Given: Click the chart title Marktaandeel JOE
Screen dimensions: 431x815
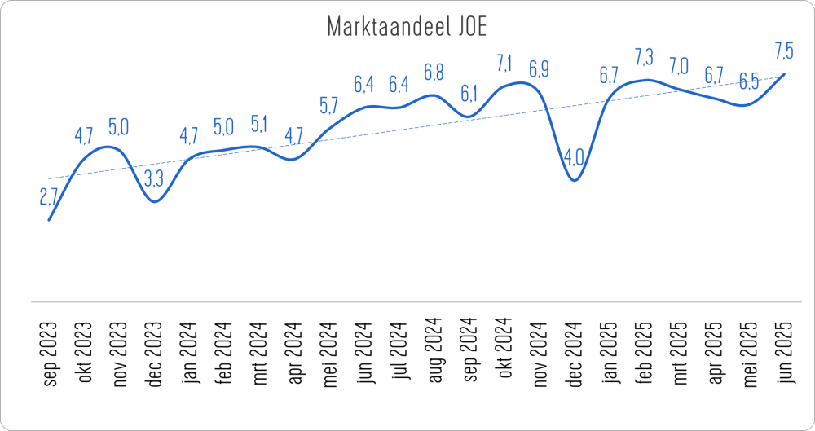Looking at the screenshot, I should click(x=407, y=27).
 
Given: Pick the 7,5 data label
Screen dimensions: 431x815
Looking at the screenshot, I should click(x=784, y=51).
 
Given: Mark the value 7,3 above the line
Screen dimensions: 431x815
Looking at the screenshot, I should click(x=644, y=58).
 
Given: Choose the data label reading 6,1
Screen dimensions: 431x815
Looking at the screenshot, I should click(x=469, y=94).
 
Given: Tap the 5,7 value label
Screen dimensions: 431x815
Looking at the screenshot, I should click(x=329, y=105).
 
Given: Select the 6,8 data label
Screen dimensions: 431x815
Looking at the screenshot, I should click(x=434, y=73).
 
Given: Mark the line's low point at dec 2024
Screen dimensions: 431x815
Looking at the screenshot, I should click(x=575, y=180).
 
